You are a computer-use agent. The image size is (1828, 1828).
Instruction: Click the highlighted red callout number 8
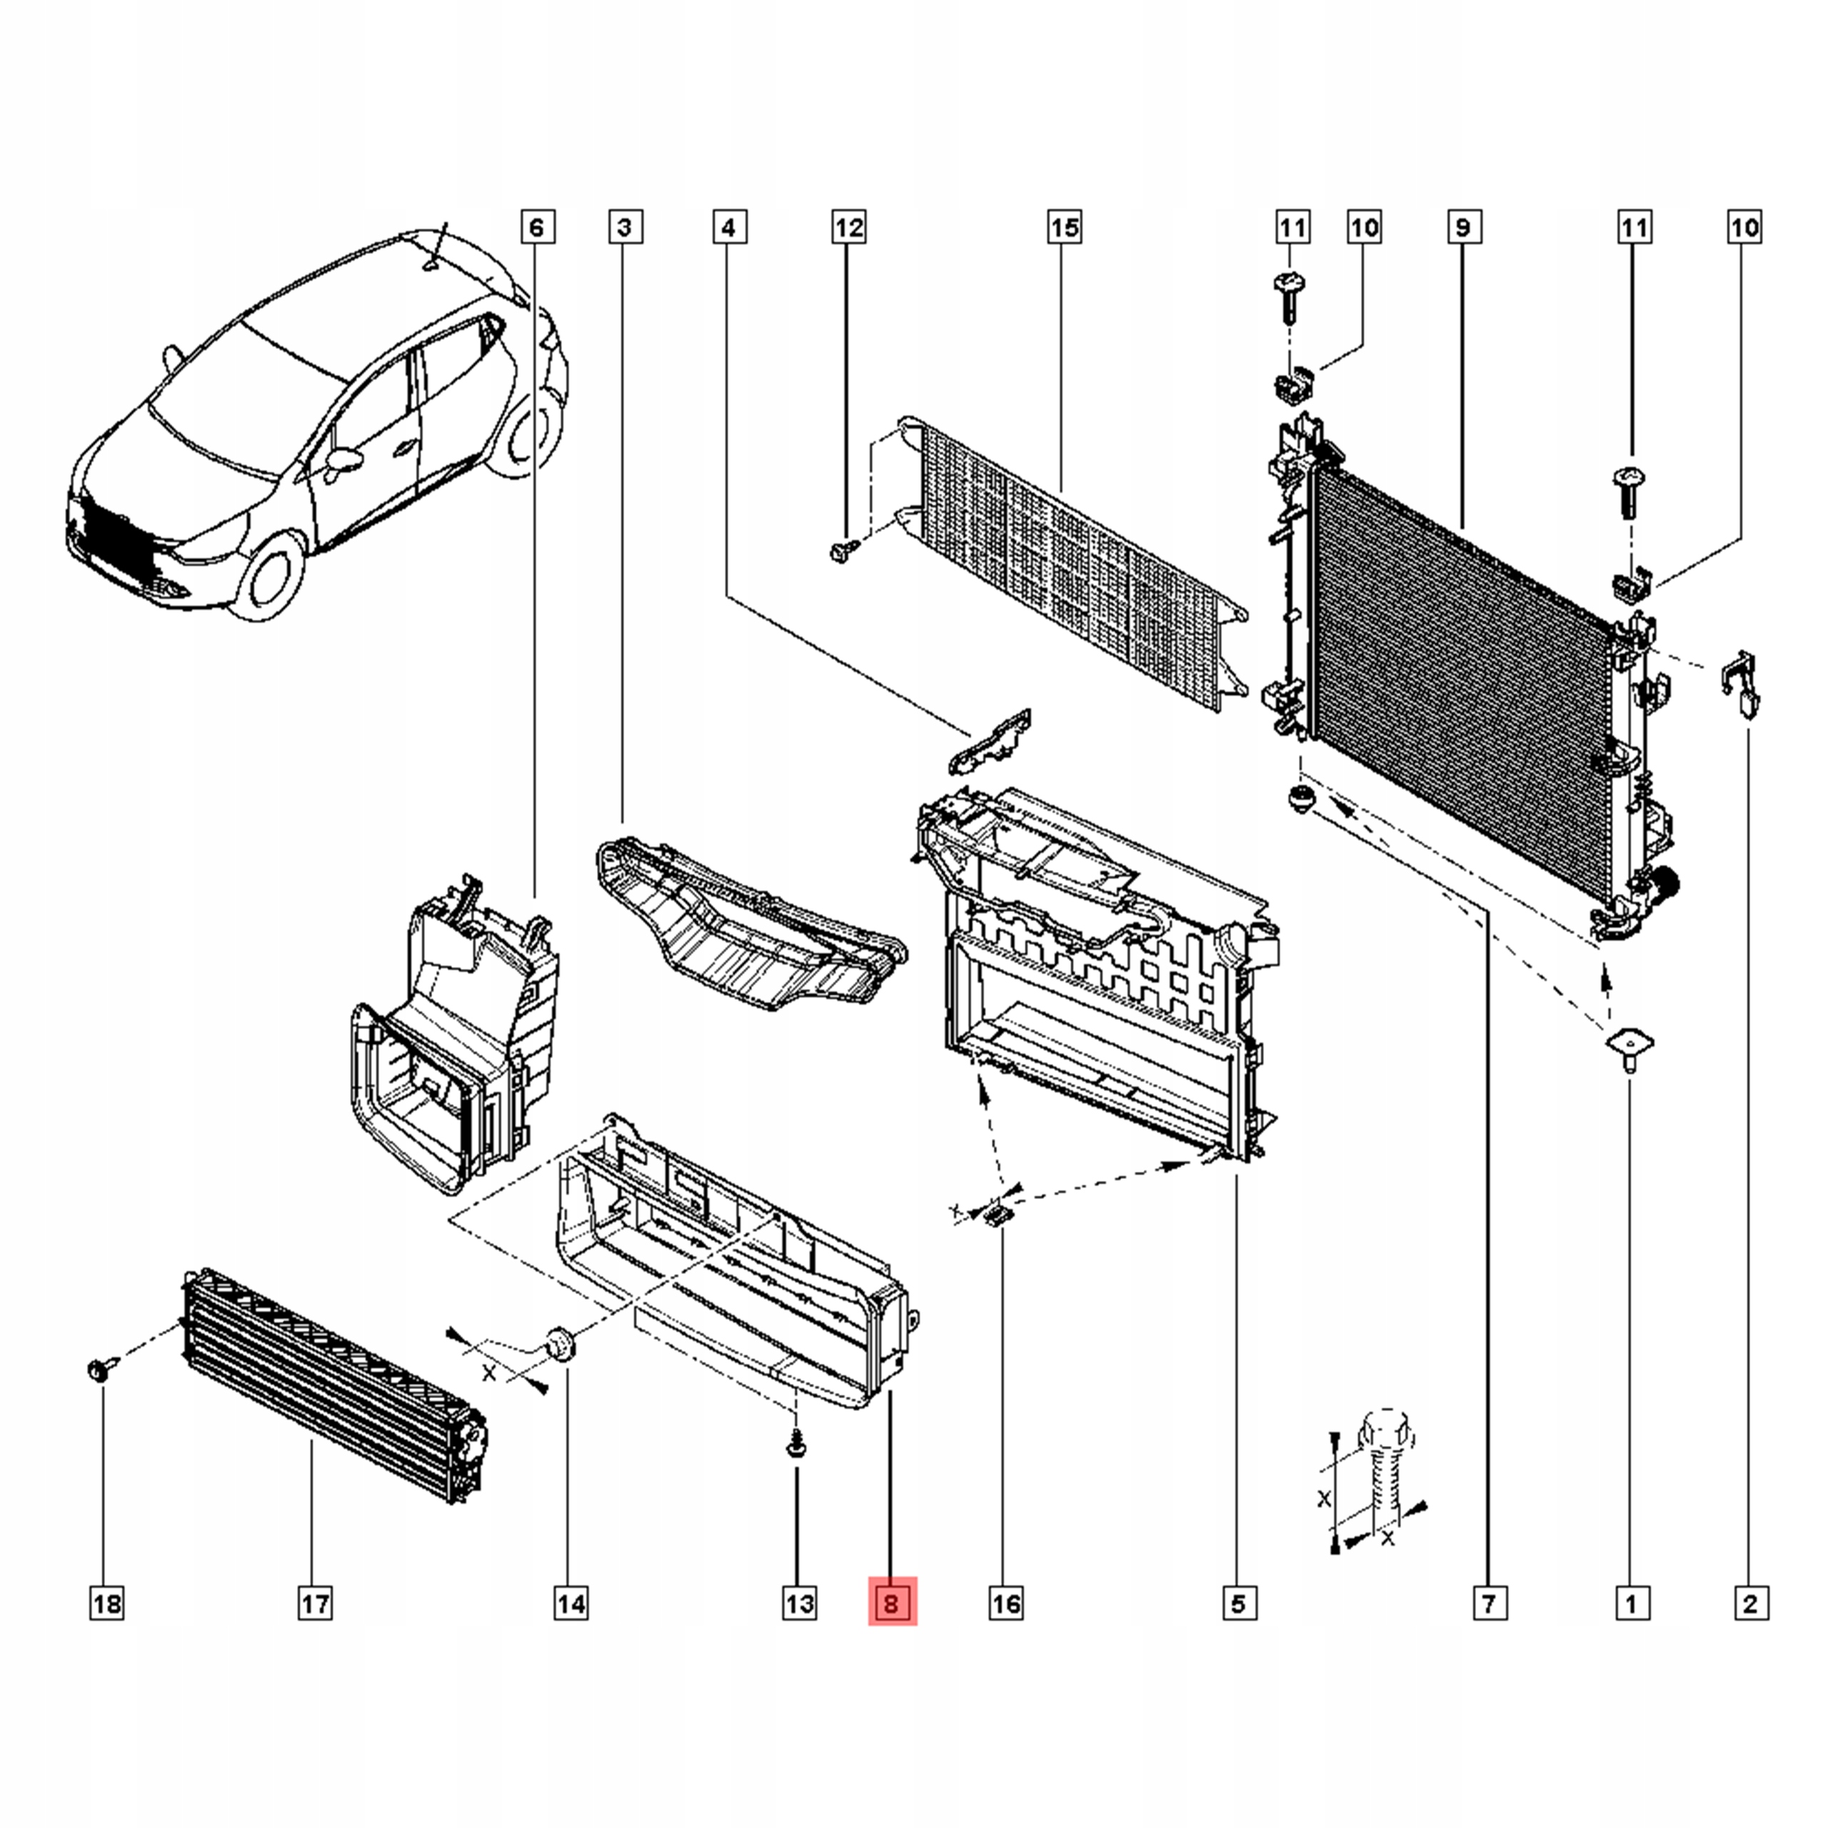(893, 1603)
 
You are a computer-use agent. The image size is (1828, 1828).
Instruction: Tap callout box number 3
(625, 227)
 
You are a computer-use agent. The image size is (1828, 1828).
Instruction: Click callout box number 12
(849, 227)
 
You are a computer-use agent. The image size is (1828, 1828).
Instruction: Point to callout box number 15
(1065, 227)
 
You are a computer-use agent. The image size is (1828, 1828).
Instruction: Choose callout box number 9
(1464, 227)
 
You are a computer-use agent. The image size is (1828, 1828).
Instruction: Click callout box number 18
(107, 1604)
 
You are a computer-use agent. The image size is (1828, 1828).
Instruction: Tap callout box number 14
(571, 1604)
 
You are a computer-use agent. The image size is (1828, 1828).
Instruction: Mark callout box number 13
(800, 1604)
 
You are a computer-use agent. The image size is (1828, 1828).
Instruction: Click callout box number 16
(1006, 1604)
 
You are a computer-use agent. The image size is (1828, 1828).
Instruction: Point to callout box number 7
(1490, 1604)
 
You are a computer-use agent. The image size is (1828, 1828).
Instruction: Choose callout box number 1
(1630, 1604)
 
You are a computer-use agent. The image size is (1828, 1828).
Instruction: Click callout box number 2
(1750, 1604)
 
